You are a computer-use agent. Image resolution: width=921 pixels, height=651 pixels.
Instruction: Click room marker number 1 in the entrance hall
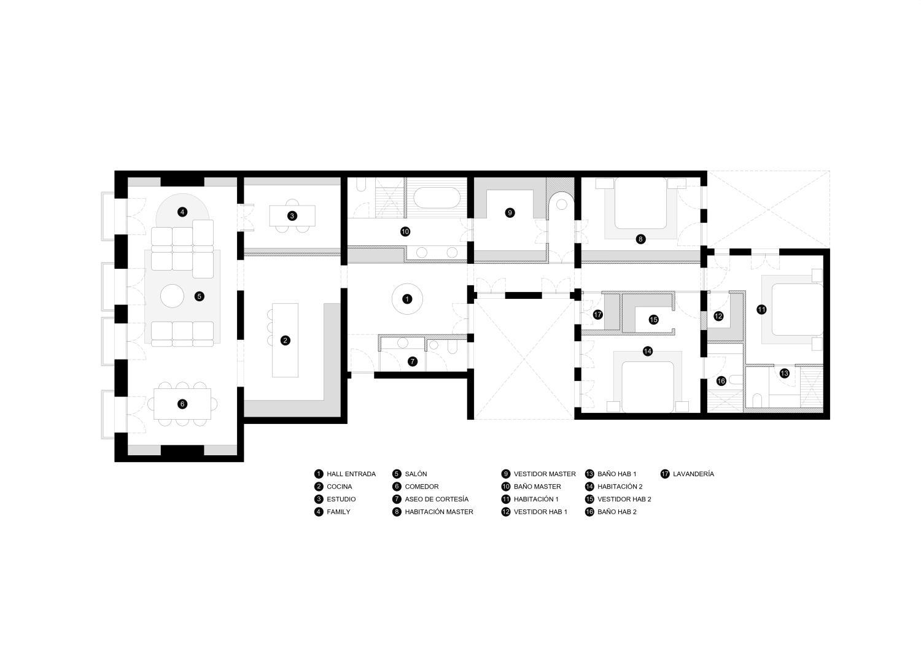[x=406, y=299]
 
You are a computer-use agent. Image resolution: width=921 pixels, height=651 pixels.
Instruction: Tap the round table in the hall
[x=406, y=299]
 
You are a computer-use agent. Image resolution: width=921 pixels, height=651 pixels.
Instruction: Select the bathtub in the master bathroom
[x=436, y=199]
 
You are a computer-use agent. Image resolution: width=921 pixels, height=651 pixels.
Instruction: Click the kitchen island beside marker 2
[x=285, y=340]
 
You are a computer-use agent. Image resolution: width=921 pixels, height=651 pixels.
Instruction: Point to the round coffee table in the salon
[x=172, y=296]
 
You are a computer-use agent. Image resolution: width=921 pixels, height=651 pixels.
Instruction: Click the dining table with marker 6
[x=182, y=404]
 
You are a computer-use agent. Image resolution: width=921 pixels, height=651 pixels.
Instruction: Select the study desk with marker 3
[x=292, y=215]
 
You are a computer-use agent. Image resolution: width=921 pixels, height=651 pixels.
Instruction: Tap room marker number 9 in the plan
[x=510, y=212]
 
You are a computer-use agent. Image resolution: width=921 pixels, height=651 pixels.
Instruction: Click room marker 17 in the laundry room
[x=598, y=314]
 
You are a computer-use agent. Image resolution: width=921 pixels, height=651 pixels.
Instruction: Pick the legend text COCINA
[x=339, y=487]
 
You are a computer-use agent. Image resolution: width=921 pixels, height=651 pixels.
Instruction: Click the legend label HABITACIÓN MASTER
[x=439, y=512]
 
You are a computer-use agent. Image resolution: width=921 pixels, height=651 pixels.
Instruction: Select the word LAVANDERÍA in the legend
[x=693, y=474]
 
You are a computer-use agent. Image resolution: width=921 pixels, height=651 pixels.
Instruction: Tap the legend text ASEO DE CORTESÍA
[x=436, y=499]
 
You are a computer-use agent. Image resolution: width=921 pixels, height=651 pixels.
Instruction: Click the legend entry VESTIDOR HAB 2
[x=624, y=499]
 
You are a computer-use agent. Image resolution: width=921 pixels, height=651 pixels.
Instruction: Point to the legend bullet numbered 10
[x=506, y=487]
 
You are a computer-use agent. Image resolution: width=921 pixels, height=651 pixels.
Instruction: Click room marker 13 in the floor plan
[x=785, y=373]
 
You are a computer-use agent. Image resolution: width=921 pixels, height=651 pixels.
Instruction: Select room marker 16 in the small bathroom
[x=721, y=381]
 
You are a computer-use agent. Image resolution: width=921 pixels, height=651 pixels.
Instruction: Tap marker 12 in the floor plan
[x=718, y=316]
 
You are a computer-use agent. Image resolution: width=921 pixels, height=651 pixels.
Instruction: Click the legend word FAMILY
[x=338, y=512]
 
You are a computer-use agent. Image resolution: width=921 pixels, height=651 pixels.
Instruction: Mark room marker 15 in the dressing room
[x=654, y=319]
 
